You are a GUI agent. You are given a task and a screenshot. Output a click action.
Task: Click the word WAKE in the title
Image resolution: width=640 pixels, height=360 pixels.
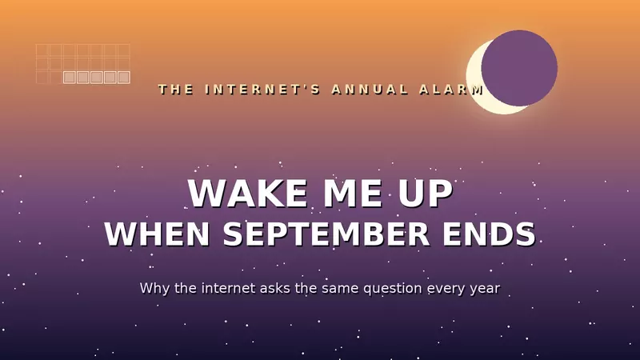point(248,194)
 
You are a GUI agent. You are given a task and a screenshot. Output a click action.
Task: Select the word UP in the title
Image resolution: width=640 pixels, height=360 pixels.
point(426,194)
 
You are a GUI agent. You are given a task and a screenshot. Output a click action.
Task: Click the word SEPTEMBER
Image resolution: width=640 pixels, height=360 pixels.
point(326,234)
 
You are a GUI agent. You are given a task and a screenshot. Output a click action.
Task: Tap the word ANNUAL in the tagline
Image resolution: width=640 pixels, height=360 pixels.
point(370,90)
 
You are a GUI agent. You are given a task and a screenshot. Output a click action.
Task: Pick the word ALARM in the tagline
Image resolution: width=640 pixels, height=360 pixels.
point(451,90)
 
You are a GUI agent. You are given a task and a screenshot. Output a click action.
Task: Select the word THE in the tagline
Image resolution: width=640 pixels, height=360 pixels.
point(176,90)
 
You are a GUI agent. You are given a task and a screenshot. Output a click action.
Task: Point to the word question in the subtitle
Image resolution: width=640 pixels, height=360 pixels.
point(393,289)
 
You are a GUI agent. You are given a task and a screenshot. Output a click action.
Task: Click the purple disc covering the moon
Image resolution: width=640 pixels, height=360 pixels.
point(519,68)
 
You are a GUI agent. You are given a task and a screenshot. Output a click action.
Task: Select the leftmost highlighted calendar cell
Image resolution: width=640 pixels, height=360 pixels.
point(70,77)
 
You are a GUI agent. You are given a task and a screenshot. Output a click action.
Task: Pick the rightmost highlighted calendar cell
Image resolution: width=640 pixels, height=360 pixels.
point(124,77)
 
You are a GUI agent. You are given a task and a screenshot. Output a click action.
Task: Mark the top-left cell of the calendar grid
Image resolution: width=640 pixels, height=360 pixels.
point(42,50)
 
